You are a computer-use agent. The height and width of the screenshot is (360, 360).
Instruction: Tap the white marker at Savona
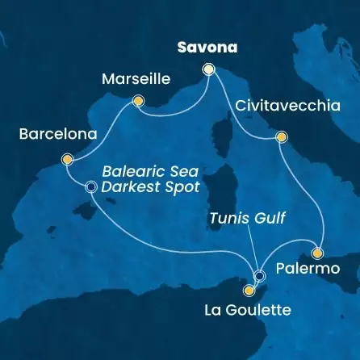coord(209,69)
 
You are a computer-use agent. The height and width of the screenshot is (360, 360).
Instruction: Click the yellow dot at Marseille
coord(138,102)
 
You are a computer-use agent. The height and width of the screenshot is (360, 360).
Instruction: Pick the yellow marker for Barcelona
coord(67,159)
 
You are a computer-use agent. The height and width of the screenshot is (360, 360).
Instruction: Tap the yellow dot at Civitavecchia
coord(281,137)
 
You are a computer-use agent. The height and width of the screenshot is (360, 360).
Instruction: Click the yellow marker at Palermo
coord(318,251)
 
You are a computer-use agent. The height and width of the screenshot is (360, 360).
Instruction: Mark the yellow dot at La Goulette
coord(251,287)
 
